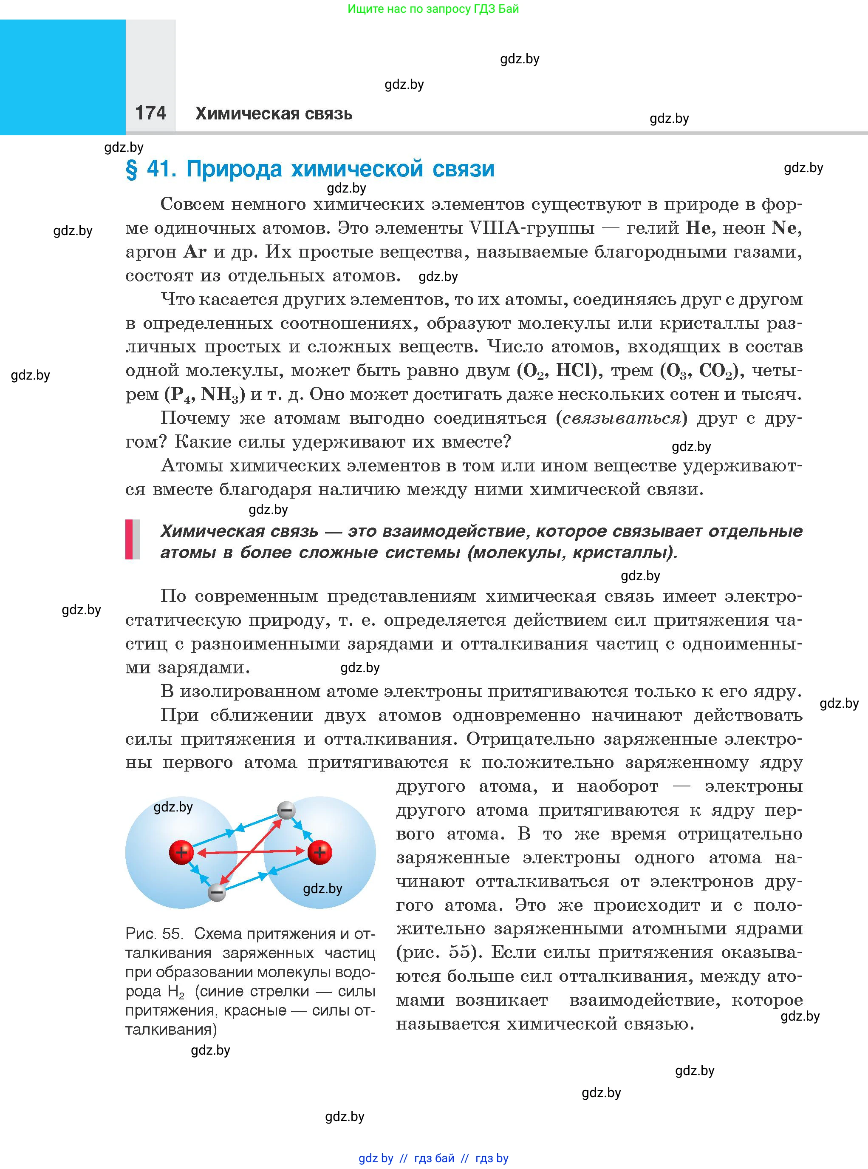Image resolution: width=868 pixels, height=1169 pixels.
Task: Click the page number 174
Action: tap(150, 113)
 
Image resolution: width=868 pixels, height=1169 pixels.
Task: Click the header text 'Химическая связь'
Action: tap(274, 113)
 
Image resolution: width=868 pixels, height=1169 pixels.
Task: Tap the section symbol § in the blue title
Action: tap(131, 169)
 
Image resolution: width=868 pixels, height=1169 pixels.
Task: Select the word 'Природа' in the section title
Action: tap(235, 169)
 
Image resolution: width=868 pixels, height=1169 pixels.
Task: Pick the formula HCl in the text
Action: tap(576, 371)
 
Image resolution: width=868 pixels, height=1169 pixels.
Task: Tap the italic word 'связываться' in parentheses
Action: tap(621, 418)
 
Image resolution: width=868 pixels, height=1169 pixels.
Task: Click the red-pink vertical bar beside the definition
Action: tap(129, 539)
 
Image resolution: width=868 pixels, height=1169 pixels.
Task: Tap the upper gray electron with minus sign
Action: tap(286, 811)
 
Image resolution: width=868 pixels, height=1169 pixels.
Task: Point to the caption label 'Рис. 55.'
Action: tap(153, 933)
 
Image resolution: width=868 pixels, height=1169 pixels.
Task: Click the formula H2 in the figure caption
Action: tap(176, 992)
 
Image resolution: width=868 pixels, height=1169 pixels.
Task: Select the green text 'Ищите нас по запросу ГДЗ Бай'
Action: tap(433, 9)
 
